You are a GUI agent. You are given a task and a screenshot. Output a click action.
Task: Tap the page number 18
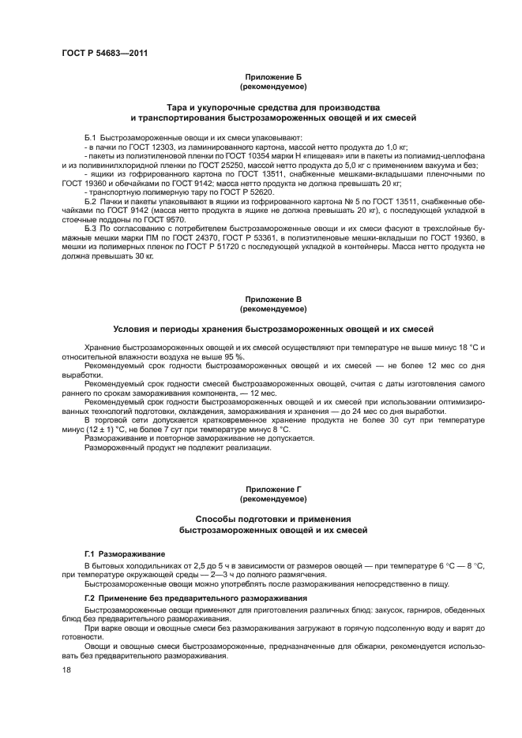tap(66, 670)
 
